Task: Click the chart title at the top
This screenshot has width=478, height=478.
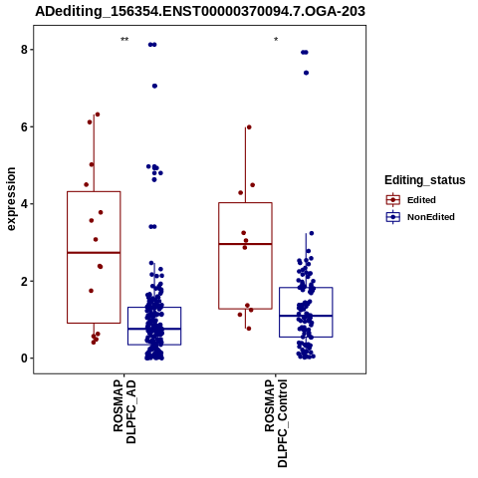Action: (200, 11)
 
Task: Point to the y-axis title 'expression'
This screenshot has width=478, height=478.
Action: (11, 199)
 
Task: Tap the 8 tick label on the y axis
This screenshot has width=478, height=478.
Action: (24, 50)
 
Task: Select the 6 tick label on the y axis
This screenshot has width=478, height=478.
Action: (24, 126)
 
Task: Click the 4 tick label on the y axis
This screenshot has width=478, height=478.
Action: (24, 204)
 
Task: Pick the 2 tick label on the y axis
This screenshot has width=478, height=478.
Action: (24, 281)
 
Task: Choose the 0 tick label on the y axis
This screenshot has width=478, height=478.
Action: (24, 358)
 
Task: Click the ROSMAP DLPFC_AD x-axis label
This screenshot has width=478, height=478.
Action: (124, 411)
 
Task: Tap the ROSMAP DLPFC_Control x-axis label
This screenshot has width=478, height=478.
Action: (276, 423)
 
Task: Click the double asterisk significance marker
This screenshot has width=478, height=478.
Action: (124, 40)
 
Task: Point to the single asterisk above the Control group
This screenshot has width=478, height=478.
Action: (276, 40)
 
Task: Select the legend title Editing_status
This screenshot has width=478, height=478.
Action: (424, 180)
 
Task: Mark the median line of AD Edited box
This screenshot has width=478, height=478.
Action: (94, 253)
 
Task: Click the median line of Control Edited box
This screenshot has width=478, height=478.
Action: (245, 244)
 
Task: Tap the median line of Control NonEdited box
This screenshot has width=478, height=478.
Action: (306, 316)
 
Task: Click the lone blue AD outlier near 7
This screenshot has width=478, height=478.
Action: (154, 86)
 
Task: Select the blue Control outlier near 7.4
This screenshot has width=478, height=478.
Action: (306, 73)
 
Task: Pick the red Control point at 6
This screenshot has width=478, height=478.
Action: (249, 127)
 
